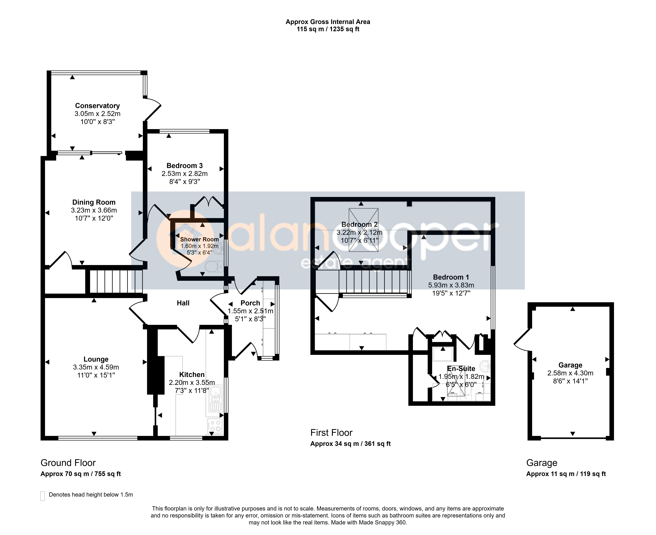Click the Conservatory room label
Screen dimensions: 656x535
tap(97, 106)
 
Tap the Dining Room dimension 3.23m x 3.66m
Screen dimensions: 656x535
tap(94, 210)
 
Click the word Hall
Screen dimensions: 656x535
tap(183, 303)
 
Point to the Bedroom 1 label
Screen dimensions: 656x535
tap(451, 277)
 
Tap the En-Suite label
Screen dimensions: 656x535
tap(461, 369)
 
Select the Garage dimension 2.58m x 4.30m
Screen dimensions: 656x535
tap(570, 373)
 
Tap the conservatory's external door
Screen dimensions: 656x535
tap(152, 109)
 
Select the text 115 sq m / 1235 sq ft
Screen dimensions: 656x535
tap(328, 29)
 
